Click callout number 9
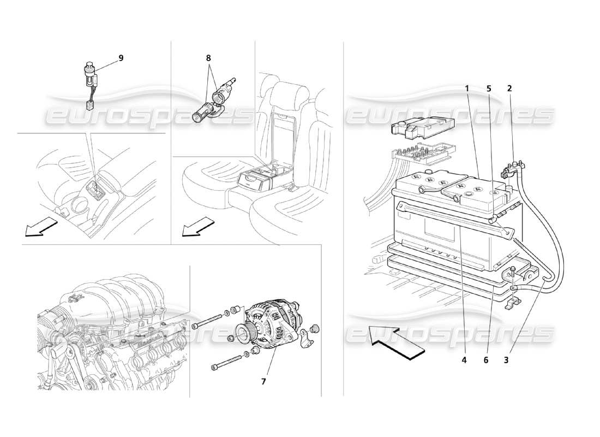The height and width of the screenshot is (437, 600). tap(121, 57)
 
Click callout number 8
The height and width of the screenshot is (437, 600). tap(208, 57)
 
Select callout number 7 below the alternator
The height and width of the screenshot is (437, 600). tap(263, 381)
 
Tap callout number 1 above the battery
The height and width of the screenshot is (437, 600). tap(467, 87)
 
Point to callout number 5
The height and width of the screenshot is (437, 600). tap(489, 87)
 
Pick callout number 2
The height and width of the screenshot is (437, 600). tap(509, 87)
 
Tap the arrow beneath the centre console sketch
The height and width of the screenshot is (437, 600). tap(41, 226)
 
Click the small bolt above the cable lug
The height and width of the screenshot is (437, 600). tap(513, 270)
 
